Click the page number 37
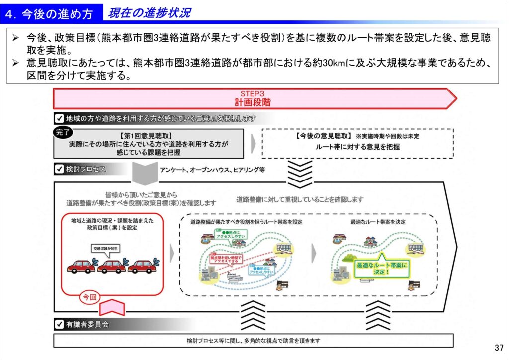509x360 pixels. (498, 347)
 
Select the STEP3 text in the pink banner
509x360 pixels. (253, 94)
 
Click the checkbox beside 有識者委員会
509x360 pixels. (59, 325)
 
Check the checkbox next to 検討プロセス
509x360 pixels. (59, 169)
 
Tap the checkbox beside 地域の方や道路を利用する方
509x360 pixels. (59, 118)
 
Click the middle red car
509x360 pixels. (111, 266)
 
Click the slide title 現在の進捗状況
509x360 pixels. (149, 13)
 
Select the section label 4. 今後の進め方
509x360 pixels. (49, 14)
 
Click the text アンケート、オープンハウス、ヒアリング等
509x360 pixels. (212, 170)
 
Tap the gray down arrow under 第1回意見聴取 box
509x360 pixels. (145, 173)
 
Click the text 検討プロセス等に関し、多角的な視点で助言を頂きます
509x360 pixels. (254, 341)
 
